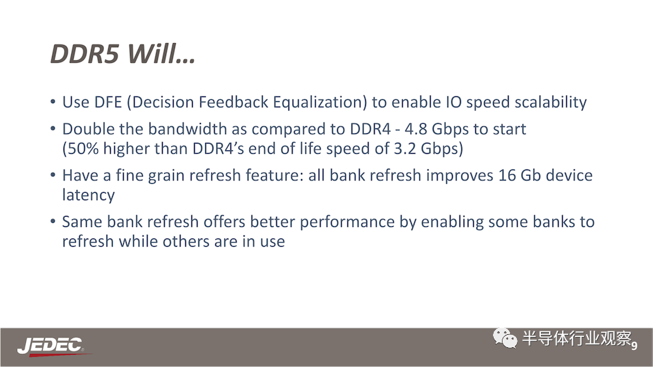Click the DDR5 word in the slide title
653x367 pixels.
(x=85, y=54)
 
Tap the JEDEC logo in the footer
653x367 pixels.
(x=51, y=346)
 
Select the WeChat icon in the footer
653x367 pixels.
(x=505, y=338)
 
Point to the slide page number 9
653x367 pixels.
(x=634, y=345)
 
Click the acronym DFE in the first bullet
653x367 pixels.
(x=108, y=103)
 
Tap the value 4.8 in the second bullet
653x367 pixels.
(x=416, y=129)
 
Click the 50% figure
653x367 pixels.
(x=83, y=148)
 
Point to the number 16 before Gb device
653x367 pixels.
(x=507, y=176)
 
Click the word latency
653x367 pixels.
(x=88, y=195)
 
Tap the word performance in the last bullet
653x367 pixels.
(x=347, y=222)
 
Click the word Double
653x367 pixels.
(x=88, y=129)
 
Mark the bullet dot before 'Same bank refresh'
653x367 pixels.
(x=53, y=221)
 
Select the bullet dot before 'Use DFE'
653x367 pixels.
(x=53, y=102)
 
